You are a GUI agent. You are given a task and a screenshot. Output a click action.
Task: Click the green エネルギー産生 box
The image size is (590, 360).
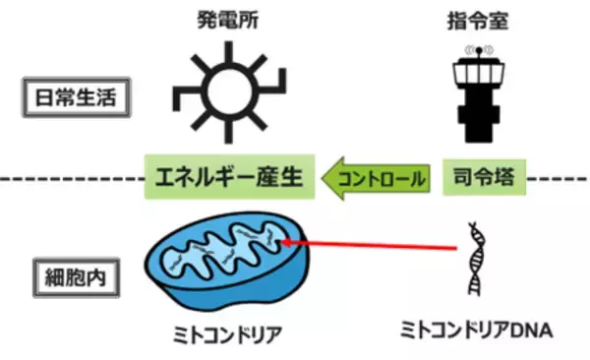[228, 179]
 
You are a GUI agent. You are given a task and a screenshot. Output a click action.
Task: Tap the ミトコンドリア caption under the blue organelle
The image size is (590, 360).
[225, 333]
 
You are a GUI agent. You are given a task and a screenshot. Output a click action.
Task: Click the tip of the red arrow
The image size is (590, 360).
[284, 238]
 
